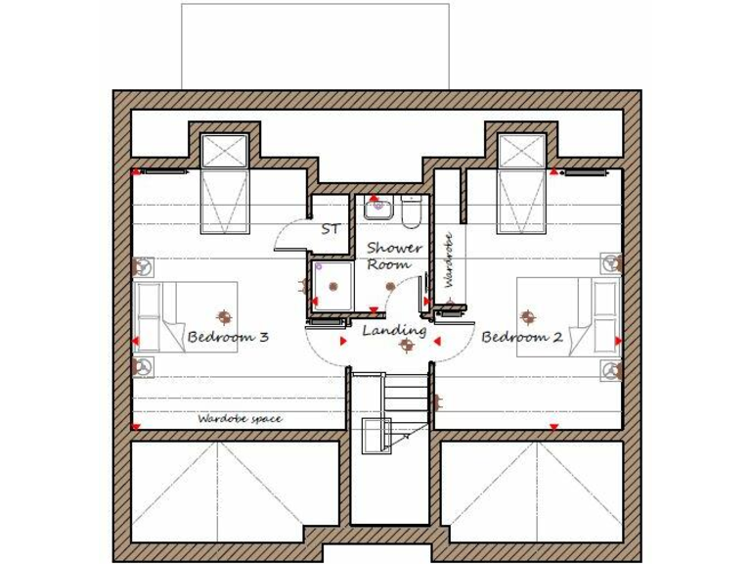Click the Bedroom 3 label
pos(227,337)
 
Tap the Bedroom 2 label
pos(521,337)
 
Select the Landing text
pos(394,331)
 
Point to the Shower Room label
pos(394,256)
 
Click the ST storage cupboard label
pos(331,229)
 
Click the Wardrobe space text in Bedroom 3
pos(240,419)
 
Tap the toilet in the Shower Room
pos(411,210)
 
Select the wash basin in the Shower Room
pos(377,208)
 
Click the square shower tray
pos(332,286)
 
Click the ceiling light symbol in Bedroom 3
pos(224,316)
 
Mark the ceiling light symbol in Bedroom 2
pos(528,316)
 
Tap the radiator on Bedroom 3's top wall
pos(162,172)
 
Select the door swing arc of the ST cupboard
pos(289,235)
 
